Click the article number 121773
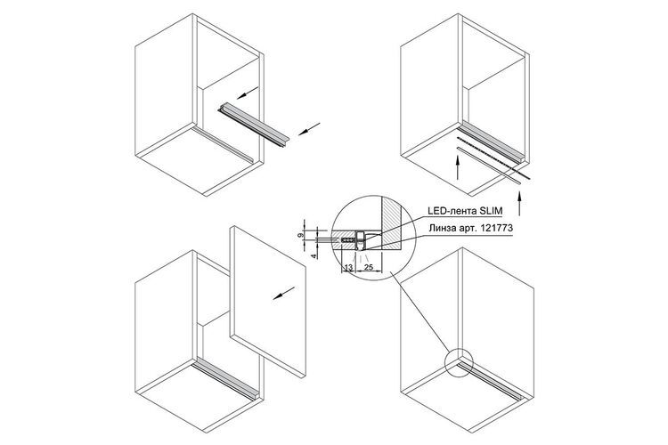coord(496,228)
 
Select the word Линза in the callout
coord(440,228)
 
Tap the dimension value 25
coord(369,267)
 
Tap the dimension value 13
coord(348,267)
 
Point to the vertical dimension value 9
coord(300,235)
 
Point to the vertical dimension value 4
coord(314,256)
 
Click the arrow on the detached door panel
coord(284,293)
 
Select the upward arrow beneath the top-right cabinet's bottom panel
coord(457,168)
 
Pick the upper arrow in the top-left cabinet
coord(248,93)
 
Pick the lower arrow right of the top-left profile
coord(309,128)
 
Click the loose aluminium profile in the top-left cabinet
coord(254,125)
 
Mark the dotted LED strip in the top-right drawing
coord(493,158)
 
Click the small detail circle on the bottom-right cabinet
coord(459,363)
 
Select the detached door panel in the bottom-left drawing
coord(268,302)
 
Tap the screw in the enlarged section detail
coord(348,240)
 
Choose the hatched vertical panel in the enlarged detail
coord(392,222)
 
